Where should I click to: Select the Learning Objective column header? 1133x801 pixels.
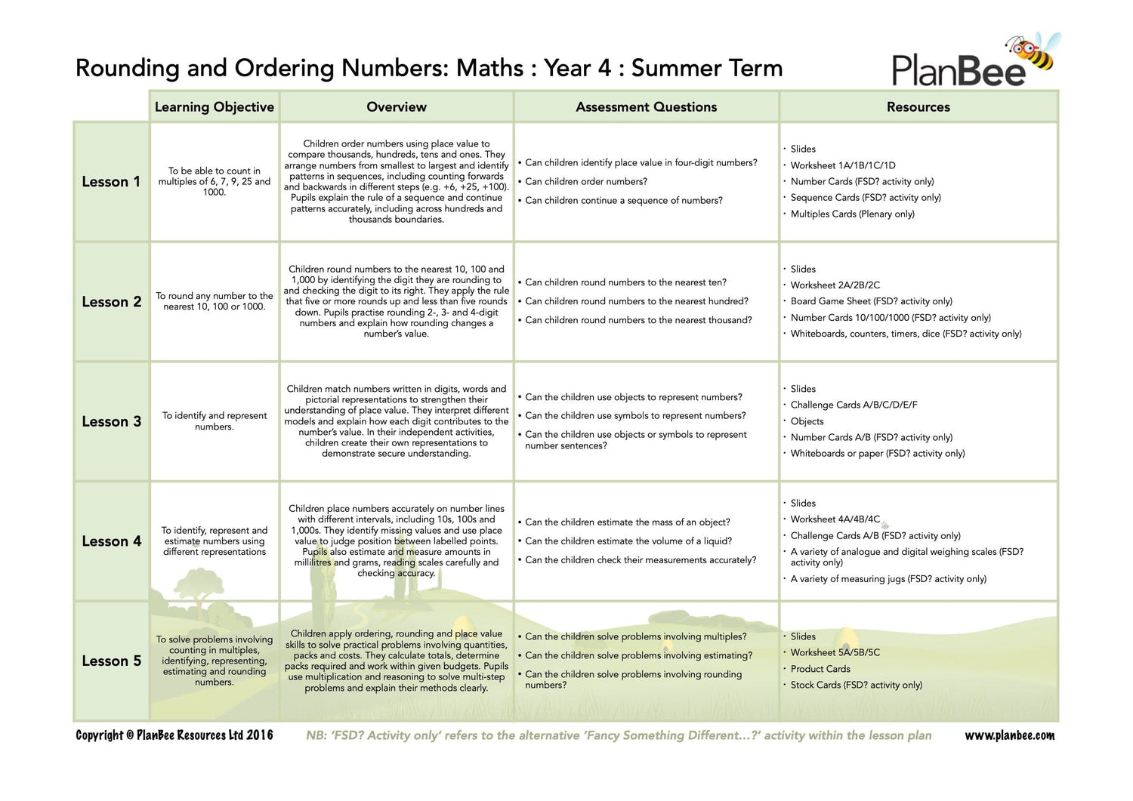pos(214,107)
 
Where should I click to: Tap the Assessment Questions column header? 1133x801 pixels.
pos(646,107)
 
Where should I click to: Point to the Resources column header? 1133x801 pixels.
pos(918,107)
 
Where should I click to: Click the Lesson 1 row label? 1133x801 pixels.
pos(111,182)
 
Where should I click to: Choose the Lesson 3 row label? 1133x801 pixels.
pos(111,422)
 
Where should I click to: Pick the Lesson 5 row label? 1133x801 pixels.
pos(111,661)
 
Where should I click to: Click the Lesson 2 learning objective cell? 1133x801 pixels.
pos(215,301)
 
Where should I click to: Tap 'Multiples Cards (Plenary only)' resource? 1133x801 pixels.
pos(852,214)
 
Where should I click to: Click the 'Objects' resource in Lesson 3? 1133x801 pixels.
pos(807,421)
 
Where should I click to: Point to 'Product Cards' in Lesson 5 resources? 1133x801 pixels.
pos(820,669)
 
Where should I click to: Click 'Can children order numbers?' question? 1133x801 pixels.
pos(586,182)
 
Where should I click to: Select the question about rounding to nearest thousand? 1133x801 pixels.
pos(638,320)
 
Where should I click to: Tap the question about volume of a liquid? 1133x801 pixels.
pos(628,541)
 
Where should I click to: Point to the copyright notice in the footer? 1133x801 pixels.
pos(174,735)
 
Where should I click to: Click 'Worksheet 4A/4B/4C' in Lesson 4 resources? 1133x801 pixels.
pos(835,519)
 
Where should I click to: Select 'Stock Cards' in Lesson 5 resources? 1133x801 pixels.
pos(856,685)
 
